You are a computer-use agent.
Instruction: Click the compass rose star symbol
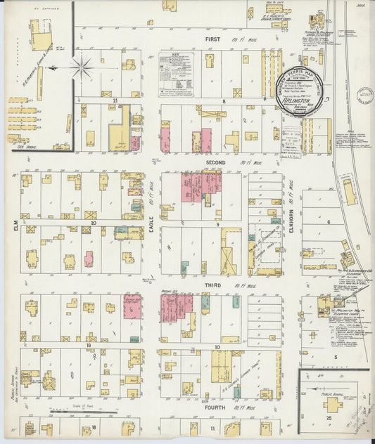82,68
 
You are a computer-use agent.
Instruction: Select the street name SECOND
215,162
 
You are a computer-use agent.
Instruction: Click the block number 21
113,101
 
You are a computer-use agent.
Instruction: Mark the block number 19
90,345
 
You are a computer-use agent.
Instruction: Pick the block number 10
218,346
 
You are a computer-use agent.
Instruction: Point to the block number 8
224,101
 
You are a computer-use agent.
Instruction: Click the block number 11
212,426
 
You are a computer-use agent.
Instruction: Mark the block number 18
93,426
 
